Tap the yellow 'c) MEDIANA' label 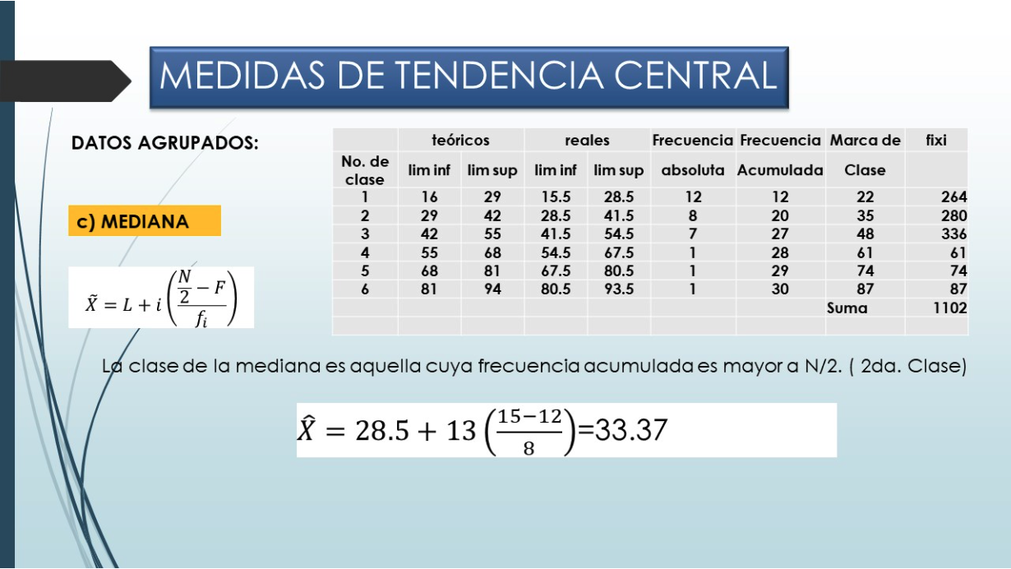coord(145,221)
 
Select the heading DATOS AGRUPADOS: coord(165,143)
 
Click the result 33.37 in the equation coord(631,430)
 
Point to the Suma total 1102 coord(949,308)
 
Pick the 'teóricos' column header coord(460,141)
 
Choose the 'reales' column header coord(587,141)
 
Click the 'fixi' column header coord(936,141)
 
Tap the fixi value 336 coord(953,234)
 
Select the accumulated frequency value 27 coord(780,234)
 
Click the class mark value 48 coord(866,234)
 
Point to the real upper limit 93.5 coord(619,289)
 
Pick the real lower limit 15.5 coord(556,197)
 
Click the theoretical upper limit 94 coord(492,289)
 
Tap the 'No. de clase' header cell coord(365,170)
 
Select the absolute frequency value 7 coord(693,234)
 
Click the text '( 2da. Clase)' coord(907,366)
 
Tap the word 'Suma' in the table coord(847,308)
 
